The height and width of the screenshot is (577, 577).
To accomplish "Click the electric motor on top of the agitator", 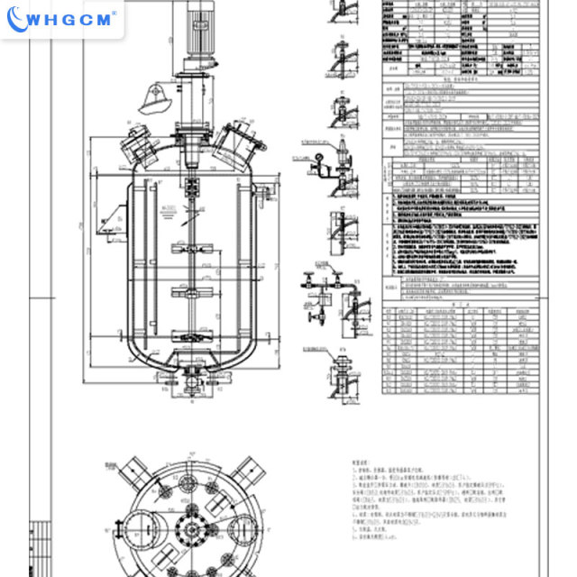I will tap(194, 32).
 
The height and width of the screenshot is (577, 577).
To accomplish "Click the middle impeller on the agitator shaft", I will tap(194, 290).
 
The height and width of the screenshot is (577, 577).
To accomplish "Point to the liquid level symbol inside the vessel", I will tap(165, 209).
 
